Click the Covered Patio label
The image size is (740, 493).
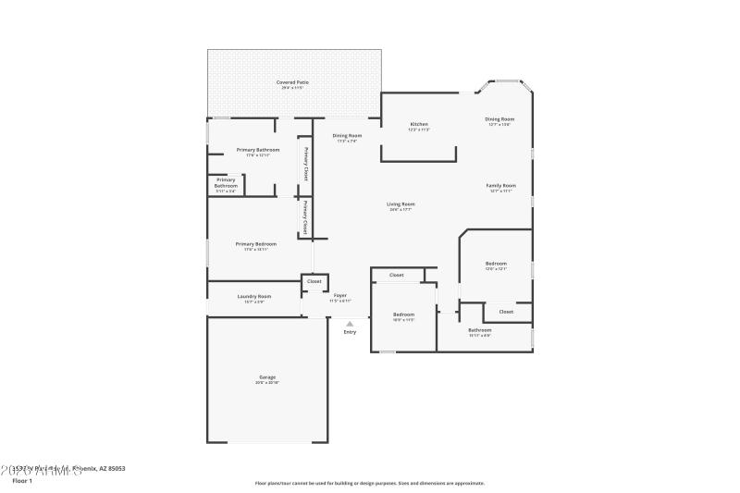point(292,82)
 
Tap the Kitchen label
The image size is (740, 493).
point(419,124)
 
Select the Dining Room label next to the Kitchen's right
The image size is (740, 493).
point(499,119)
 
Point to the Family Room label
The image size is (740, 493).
point(500,185)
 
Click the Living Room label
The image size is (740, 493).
point(401,203)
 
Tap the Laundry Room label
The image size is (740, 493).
point(253,296)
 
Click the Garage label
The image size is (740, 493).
point(267,377)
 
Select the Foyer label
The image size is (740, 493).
point(340,295)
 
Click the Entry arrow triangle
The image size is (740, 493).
point(349,324)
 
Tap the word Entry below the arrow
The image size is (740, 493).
point(350,332)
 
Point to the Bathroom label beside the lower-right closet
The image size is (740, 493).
point(479,330)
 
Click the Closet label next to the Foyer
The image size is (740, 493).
point(314,281)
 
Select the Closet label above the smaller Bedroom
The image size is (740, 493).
point(396,275)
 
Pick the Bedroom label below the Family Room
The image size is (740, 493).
point(496,264)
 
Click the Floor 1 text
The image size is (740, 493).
point(22,481)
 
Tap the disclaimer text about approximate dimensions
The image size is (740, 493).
point(369,483)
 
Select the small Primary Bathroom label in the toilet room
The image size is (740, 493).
point(226,183)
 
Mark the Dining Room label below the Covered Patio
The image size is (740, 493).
point(347,136)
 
